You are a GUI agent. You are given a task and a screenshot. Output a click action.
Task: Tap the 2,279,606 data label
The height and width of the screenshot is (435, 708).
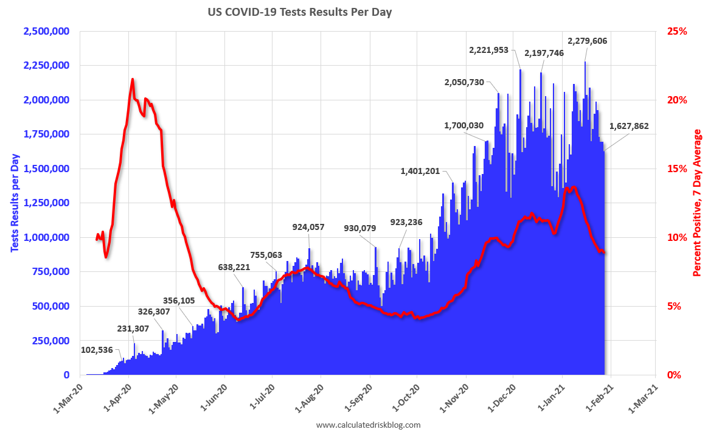[x=587, y=41]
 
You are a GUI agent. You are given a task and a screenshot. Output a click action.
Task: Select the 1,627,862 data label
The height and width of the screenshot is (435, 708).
[x=629, y=127]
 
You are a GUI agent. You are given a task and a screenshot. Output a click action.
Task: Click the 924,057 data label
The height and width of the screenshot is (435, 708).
[x=308, y=228]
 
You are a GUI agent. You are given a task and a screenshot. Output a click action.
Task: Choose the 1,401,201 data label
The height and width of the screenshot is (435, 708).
[x=420, y=171]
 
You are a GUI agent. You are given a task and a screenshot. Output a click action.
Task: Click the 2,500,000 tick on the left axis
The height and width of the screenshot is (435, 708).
[x=46, y=31]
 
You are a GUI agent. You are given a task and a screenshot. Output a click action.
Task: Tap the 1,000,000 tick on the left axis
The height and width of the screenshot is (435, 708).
[x=46, y=237]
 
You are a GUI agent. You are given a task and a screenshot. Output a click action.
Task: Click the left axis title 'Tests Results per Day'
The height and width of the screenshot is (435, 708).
[x=14, y=203]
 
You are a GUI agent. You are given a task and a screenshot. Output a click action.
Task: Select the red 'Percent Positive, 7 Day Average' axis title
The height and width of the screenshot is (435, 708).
[x=697, y=203]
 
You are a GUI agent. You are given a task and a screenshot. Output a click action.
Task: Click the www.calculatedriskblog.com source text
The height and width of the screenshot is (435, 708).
[x=368, y=425]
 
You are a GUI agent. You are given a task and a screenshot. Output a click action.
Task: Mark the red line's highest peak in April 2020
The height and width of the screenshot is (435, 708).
[x=132, y=79]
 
